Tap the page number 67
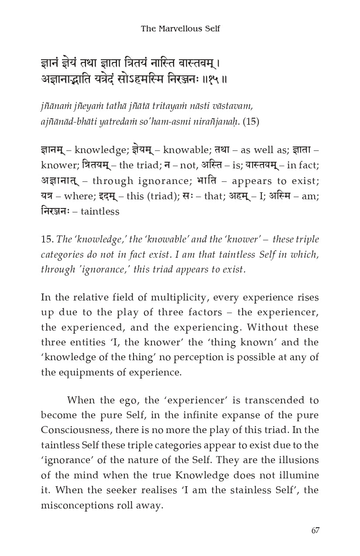click(315, 530)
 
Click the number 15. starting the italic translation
click(47, 239)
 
